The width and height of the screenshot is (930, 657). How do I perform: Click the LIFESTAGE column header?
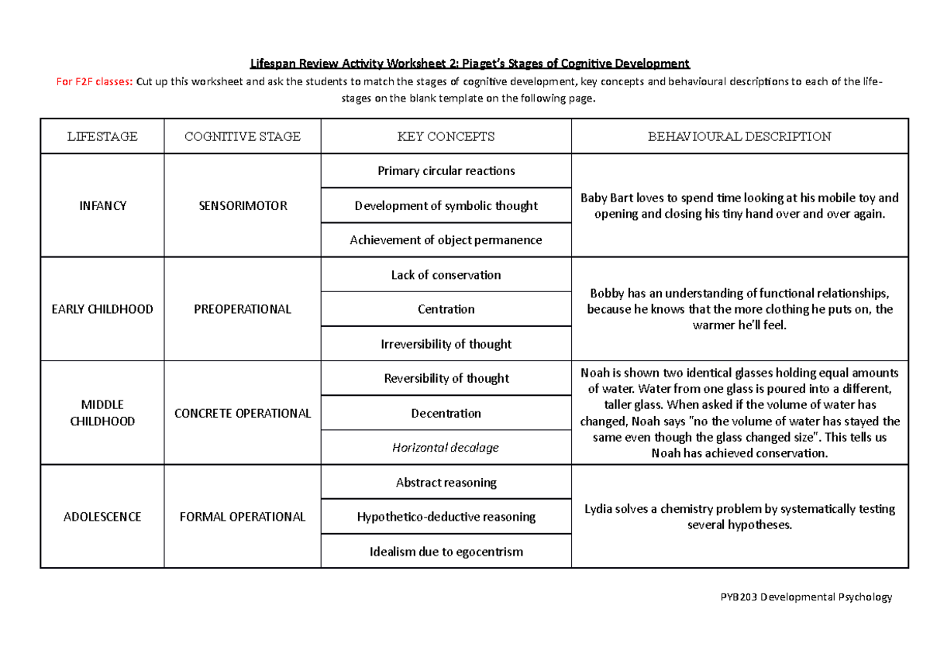click(x=102, y=136)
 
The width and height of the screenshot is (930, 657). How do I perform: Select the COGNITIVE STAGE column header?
click(x=242, y=136)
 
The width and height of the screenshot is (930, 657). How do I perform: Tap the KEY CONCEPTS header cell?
click(x=446, y=136)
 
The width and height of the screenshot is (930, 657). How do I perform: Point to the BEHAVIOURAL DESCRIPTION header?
click(x=739, y=136)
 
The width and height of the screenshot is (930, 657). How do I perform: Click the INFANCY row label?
click(x=102, y=206)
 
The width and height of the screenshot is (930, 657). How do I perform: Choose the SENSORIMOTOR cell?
click(x=242, y=206)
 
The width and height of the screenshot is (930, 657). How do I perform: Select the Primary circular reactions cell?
click(x=446, y=171)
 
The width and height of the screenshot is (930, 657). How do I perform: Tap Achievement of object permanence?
click(x=446, y=240)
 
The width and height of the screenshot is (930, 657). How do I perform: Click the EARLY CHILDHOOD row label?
click(x=102, y=309)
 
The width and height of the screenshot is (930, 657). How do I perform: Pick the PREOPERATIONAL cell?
click(x=242, y=309)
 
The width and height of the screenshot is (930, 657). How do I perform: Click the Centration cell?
click(x=446, y=309)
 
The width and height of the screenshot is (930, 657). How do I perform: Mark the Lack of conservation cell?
click(x=446, y=275)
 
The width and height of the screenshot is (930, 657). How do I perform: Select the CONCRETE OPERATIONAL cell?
click(x=242, y=413)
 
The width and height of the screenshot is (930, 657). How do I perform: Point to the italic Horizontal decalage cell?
click(x=446, y=448)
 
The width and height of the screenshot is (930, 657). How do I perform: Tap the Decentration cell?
click(x=446, y=413)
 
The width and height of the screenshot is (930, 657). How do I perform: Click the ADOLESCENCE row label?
click(x=102, y=517)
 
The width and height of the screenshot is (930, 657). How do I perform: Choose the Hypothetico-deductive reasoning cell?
click(x=446, y=517)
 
